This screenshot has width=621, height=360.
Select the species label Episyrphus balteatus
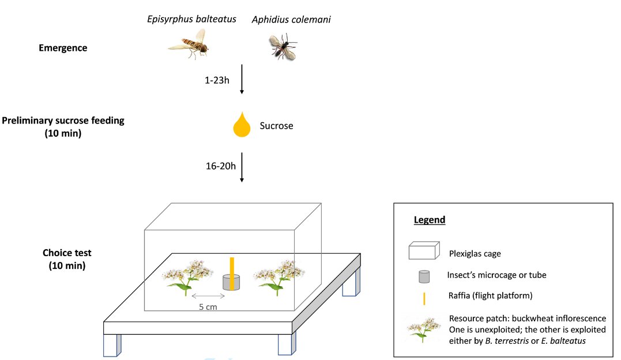192,20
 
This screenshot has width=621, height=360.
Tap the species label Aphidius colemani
291,20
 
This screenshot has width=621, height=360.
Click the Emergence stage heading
63,48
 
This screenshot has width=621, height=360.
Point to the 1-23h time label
217,80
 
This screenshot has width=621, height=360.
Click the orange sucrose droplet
242,125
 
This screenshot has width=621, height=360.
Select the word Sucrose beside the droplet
276,126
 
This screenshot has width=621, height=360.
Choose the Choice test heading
67,253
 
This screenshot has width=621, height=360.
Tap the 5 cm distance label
208,307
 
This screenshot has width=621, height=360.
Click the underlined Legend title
430,220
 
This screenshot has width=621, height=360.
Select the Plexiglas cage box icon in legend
424,253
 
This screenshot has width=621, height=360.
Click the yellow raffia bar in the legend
424,298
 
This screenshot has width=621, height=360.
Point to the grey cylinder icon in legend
424,276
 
